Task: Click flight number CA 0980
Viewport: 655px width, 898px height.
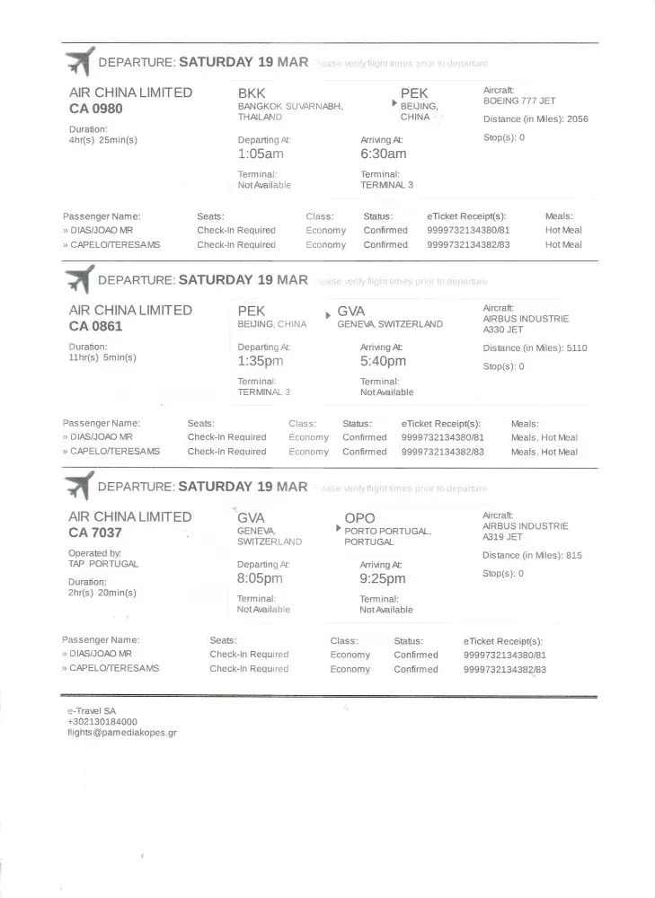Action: coord(96,110)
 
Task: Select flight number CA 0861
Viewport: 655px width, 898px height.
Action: coord(96,327)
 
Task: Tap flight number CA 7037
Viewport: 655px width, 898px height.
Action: coord(96,533)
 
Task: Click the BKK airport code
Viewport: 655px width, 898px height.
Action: coord(252,93)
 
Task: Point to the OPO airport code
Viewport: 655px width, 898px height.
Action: coord(360,518)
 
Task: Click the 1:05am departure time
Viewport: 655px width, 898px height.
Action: coord(261,154)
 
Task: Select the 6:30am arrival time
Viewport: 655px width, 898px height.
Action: coord(384,154)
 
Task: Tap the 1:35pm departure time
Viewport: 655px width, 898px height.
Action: coord(261,361)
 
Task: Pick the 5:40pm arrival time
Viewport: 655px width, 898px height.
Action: coord(384,361)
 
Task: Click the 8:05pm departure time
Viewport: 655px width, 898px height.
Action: coord(260,578)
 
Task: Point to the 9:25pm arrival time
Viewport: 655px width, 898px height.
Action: coord(383,578)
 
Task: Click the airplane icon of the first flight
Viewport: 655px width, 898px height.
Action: coord(78,62)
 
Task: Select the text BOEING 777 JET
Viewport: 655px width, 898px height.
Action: coord(519,101)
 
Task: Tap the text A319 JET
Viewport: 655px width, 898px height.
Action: coord(502,537)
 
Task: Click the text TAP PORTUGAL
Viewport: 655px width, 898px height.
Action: coord(103,564)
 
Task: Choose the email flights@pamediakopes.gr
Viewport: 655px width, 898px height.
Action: coord(121,733)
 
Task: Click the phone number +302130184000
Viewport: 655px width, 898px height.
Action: coord(102,721)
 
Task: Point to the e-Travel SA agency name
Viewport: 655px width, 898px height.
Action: coord(92,710)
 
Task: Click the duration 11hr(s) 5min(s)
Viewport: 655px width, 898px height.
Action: coord(102,357)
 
